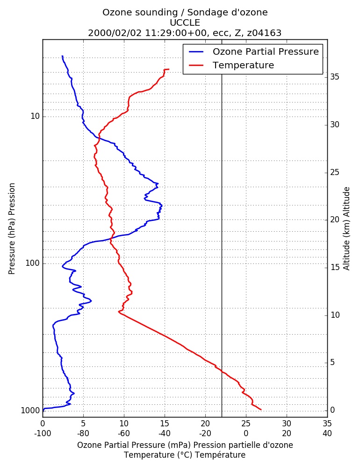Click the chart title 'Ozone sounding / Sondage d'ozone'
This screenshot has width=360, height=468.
(185, 13)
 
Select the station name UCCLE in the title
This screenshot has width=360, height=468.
(185, 22)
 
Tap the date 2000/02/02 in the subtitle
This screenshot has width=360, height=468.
(115, 33)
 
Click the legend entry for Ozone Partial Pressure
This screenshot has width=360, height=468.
(254, 51)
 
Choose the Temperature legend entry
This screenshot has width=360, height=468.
(231, 65)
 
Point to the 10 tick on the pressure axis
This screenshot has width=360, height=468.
(35, 117)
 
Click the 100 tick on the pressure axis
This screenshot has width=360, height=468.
(33, 263)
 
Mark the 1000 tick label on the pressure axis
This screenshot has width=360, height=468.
(30, 411)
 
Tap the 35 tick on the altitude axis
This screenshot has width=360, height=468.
(335, 77)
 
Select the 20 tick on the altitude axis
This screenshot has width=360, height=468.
(335, 220)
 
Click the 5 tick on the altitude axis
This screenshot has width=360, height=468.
(332, 363)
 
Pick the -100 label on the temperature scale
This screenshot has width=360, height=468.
(43, 433)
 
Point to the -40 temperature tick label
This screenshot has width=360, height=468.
(165, 433)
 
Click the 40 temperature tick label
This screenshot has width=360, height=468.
(327, 433)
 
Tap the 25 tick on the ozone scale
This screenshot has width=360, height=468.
(246, 424)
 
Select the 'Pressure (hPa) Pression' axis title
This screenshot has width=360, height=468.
(12, 229)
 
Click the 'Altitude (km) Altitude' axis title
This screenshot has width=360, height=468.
(346, 229)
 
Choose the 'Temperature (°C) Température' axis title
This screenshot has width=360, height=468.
(185, 455)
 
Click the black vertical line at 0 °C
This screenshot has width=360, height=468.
(222, 228)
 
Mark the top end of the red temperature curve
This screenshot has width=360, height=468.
(169, 69)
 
